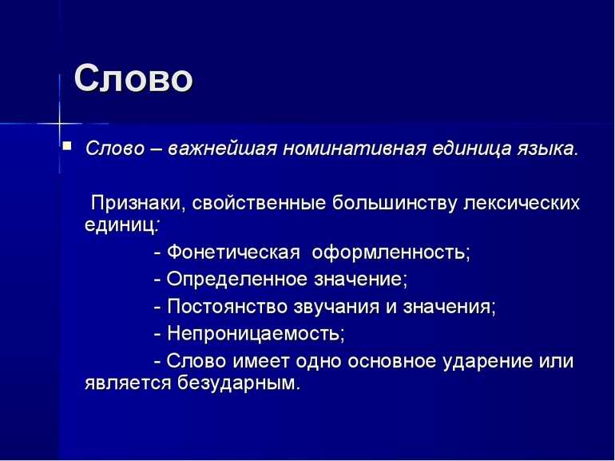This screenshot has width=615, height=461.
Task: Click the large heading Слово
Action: [133, 78]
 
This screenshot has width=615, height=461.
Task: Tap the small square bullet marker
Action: [67, 146]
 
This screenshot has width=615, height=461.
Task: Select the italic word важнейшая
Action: [222, 149]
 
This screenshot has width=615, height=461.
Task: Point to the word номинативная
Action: [354, 149]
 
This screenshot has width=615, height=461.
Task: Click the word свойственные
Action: [259, 203]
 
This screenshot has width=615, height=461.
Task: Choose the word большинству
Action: [395, 204]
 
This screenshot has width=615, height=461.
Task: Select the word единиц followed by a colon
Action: [122, 226]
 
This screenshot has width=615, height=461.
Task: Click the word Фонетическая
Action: [233, 252]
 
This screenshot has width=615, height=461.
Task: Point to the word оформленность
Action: [391, 252]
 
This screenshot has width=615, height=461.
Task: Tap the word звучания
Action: [336, 307]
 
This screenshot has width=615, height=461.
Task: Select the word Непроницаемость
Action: [256, 333]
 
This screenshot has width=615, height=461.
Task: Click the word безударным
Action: [239, 383]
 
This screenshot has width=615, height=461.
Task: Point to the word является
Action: [128, 384]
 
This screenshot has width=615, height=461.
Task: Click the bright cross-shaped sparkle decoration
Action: [60, 124]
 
